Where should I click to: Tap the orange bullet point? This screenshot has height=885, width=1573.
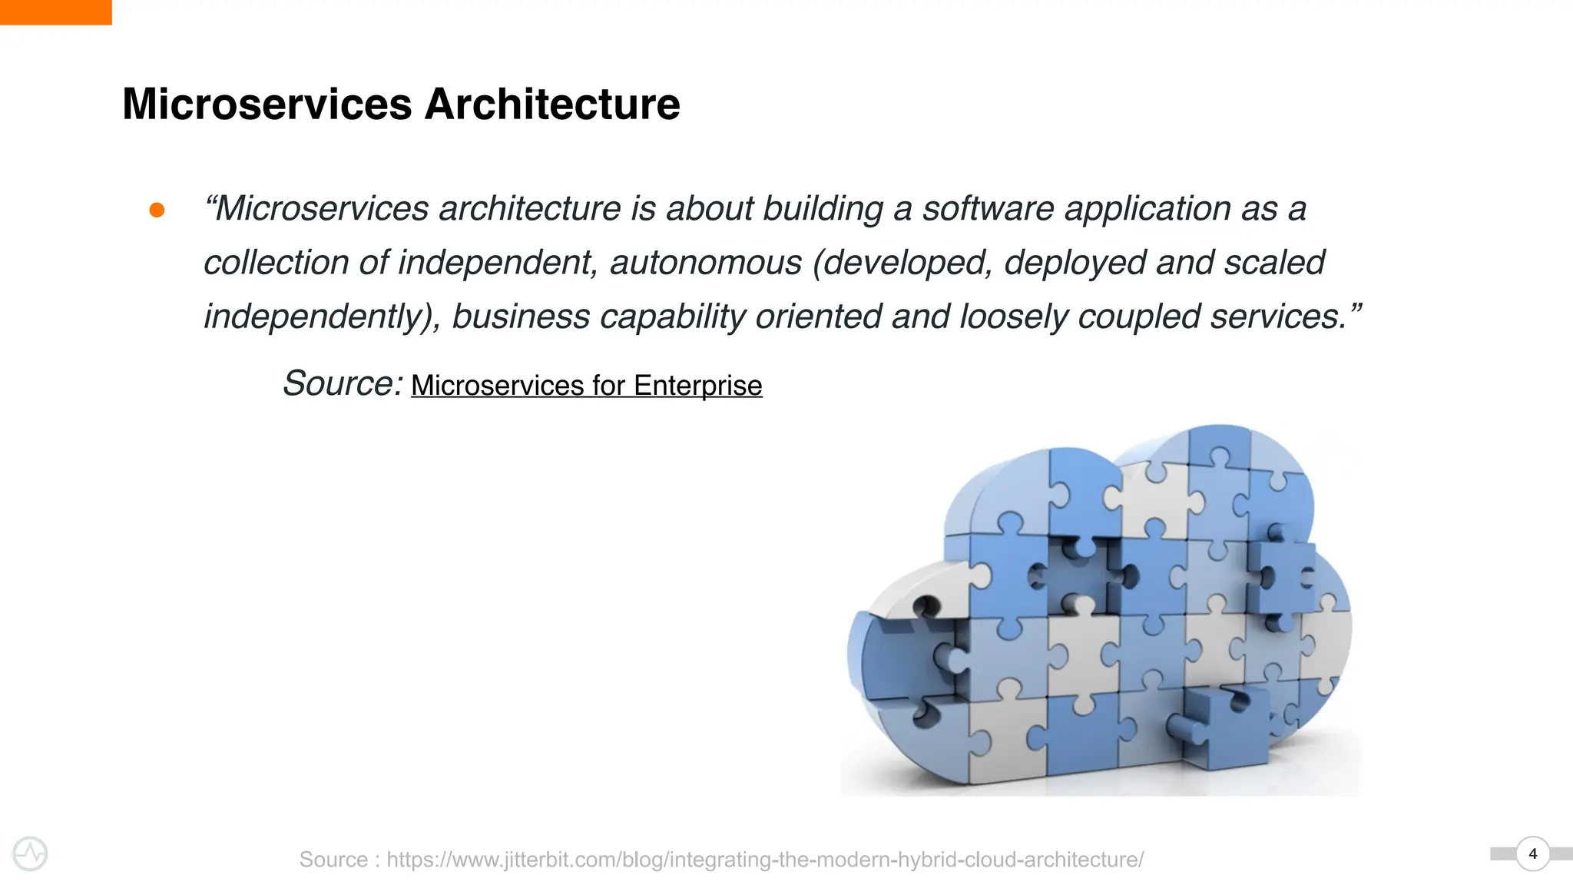[x=157, y=210]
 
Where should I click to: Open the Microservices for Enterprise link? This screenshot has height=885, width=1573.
[x=586, y=386]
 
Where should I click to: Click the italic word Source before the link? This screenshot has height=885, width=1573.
[x=341, y=383]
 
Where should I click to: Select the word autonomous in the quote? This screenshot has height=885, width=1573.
[x=705, y=263]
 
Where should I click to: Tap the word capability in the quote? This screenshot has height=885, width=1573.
[x=672, y=317]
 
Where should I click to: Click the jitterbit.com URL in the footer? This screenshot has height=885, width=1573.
[x=764, y=859]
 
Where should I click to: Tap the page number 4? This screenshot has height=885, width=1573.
[x=1533, y=854]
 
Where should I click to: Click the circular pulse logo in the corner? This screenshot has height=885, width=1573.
[x=31, y=854]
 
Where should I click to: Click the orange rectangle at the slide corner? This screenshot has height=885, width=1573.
[x=55, y=12]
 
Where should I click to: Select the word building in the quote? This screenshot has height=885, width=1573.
[x=823, y=209]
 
